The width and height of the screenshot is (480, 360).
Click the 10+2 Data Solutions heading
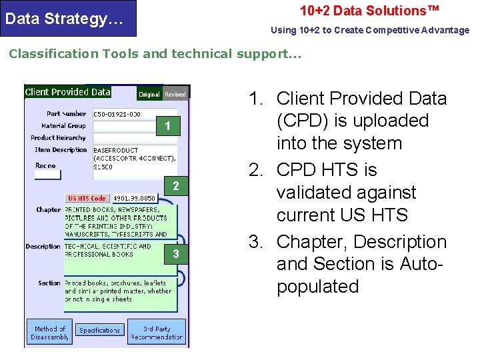pyautogui.click(x=369, y=11)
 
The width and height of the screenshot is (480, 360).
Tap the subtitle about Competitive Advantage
pyautogui.click(x=369, y=30)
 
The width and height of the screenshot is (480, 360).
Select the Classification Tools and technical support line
pyautogui.click(x=155, y=54)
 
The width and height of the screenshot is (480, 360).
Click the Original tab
pyautogui.click(x=149, y=94)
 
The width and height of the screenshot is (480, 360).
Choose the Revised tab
pyautogui.click(x=175, y=94)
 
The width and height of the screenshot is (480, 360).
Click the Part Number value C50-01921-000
pyautogui.click(x=117, y=114)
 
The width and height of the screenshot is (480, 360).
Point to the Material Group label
pyautogui.click(x=63, y=125)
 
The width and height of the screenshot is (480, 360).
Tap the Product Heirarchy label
pyautogui.click(x=59, y=137)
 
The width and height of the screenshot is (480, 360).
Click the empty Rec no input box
pyautogui.click(x=47, y=175)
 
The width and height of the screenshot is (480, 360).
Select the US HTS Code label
pyautogui.click(x=87, y=198)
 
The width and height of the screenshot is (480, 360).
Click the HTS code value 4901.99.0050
pyautogui.click(x=134, y=198)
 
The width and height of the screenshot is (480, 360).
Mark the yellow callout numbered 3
pyautogui.click(x=175, y=254)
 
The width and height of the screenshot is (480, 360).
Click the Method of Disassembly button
pyautogui.click(x=49, y=333)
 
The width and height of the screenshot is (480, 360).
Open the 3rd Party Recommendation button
pyautogui.click(x=157, y=333)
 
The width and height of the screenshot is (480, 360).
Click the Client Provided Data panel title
pyautogui.click(x=67, y=92)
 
